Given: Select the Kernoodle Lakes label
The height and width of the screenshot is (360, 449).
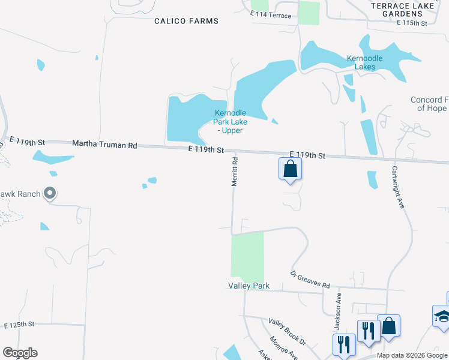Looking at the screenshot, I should (x=369, y=62).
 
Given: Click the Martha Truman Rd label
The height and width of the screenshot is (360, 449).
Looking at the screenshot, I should (x=104, y=145).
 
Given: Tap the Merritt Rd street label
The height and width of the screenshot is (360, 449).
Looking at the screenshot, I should (x=235, y=171).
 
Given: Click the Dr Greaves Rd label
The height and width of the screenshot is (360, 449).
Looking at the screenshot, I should (x=310, y=278).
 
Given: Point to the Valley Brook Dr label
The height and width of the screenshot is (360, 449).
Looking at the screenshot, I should (x=287, y=332).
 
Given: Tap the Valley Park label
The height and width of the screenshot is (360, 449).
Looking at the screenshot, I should (x=249, y=286).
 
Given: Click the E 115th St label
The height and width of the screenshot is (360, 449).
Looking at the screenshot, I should (x=412, y=23).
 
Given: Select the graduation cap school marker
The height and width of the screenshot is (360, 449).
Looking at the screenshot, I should (x=442, y=316).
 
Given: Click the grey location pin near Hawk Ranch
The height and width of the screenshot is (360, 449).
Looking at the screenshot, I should (x=50, y=193).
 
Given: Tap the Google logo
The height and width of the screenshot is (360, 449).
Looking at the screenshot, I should (x=20, y=353).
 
